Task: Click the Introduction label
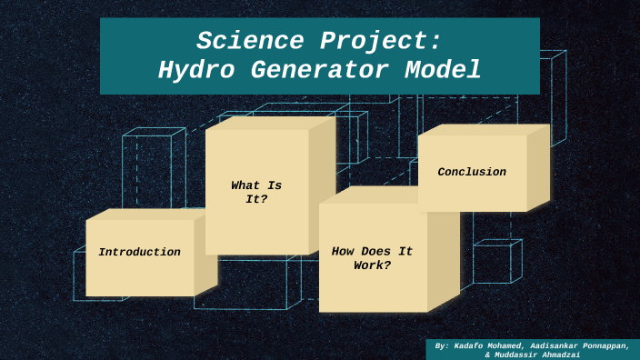139,252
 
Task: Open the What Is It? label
256,192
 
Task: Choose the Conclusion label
472,172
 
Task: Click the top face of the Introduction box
148,214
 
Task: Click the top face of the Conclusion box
482,130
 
